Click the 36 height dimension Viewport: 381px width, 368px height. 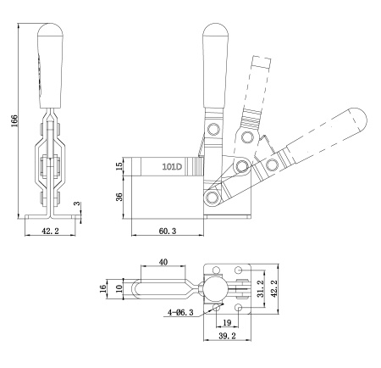(x=120, y=196)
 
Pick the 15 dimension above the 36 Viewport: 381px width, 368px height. (x=120, y=165)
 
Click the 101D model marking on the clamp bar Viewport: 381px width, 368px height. (x=172, y=168)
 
